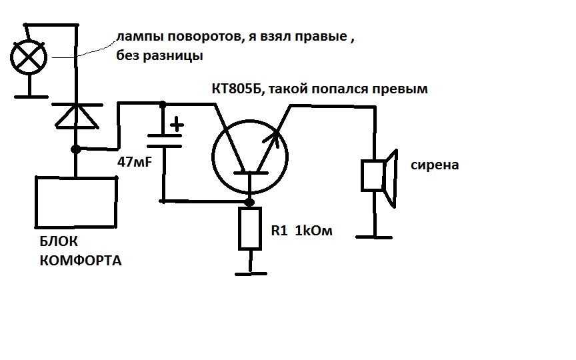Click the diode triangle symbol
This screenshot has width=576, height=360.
click(77, 116)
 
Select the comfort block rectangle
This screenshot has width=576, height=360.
click(76, 202)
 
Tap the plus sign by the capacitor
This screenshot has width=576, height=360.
click(177, 124)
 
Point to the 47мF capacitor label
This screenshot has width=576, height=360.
click(135, 161)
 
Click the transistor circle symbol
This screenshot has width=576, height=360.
click(250, 157)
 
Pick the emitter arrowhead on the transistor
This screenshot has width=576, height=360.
click(272, 139)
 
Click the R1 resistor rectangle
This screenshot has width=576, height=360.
click(250, 229)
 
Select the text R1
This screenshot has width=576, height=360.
click(279, 231)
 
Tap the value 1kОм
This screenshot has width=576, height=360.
click(314, 231)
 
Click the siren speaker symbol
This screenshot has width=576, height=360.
click(379, 178)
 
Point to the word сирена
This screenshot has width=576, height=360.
click(435, 165)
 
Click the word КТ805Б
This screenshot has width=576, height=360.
click(237, 89)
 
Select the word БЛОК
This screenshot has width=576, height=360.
click(59, 241)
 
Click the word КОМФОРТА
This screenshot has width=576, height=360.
click(81, 261)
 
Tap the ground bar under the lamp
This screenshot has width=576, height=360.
click(31, 97)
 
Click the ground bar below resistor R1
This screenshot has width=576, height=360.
click(251, 274)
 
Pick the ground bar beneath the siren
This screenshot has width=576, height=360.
click(374, 237)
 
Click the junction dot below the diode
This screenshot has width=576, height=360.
click(76, 149)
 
